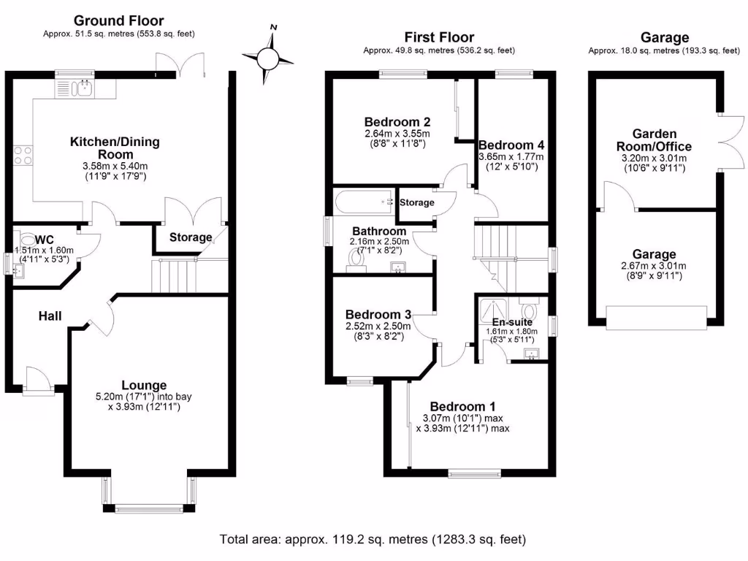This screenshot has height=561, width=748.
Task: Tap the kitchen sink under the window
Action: [x=83, y=88]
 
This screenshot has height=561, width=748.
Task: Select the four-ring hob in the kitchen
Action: [x=22, y=155]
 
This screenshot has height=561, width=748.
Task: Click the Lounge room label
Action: [x=144, y=385]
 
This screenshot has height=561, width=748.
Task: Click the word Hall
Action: [x=50, y=316]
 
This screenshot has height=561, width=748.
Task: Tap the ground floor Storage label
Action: [x=191, y=237]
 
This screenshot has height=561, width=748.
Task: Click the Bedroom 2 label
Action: [x=397, y=121]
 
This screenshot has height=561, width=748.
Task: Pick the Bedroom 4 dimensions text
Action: [x=511, y=161]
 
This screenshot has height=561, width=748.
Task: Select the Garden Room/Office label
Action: [x=654, y=140]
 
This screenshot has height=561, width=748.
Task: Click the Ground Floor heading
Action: [x=119, y=21]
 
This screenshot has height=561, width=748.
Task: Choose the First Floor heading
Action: [x=440, y=37]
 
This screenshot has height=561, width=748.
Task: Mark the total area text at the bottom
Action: [x=373, y=540]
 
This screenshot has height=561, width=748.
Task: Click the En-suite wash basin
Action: [x=533, y=355]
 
